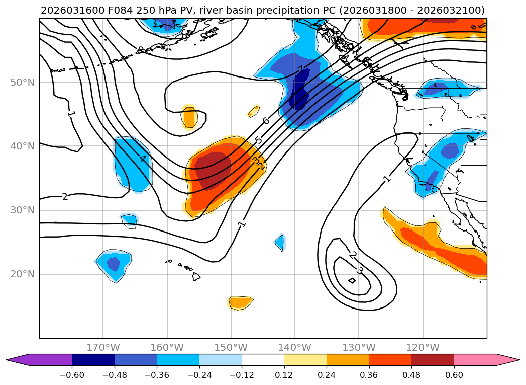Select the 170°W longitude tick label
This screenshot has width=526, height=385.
103,347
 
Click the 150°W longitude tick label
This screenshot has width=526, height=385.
231,347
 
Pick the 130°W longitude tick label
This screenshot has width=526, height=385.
359,347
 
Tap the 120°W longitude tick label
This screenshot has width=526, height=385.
423,347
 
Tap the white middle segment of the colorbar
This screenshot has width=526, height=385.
263,360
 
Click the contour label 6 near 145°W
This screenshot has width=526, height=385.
266,121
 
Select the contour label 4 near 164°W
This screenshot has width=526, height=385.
142,159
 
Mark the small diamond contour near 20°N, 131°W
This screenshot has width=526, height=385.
352,280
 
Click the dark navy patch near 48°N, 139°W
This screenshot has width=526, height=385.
300,91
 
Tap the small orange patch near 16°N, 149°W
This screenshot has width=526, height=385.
240,302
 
